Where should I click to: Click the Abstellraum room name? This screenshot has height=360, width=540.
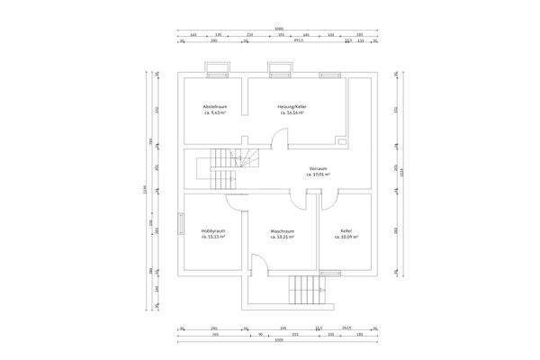click(x=214, y=107)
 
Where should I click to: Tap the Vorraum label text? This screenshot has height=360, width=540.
click(x=318, y=169)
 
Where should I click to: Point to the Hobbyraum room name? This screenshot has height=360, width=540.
click(x=213, y=231)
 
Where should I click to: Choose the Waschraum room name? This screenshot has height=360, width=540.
click(x=283, y=231)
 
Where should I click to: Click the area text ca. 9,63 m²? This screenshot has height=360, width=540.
click(x=214, y=114)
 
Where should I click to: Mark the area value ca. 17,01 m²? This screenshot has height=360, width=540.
click(x=318, y=175)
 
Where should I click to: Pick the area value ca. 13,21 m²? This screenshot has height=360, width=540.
click(x=283, y=238)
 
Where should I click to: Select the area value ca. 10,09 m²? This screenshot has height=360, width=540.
click(x=346, y=238)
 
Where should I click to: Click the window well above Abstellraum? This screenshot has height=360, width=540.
click(x=218, y=68)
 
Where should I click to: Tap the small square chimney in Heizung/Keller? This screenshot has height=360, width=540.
click(x=341, y=140)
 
